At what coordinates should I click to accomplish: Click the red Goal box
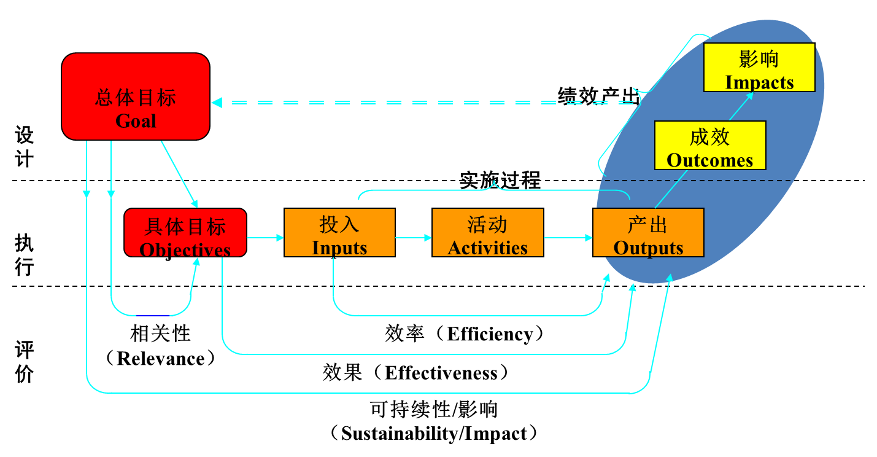coord(136,96)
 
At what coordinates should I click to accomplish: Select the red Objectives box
coord(185,232)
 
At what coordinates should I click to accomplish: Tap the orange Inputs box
coord(339,232)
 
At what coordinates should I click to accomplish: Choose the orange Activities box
coord(488,232)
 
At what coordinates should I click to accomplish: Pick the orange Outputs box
coord(648,232)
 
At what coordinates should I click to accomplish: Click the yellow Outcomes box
coord(710,146)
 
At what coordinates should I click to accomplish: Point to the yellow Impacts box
coord(759,68)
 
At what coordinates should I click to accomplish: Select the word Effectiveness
coord(441,373)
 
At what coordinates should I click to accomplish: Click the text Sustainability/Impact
coord(434,433)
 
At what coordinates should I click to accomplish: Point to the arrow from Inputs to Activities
coord(414,237)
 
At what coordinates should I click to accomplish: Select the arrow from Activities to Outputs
coord(568,237)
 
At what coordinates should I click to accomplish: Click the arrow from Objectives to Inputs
coord(265,237)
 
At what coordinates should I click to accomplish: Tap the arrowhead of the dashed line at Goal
coord(217,103)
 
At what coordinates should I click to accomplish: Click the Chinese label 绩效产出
coord(598,95)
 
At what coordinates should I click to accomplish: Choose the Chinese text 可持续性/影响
coord(434,409)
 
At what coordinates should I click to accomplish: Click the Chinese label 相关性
coord(161,334)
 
